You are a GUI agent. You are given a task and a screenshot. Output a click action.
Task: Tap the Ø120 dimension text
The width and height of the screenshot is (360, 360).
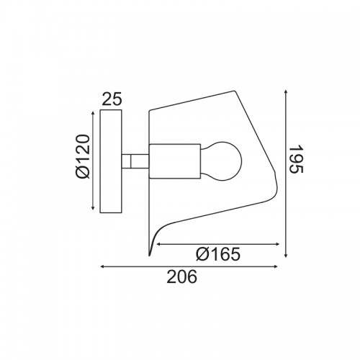click(x=82, y=156)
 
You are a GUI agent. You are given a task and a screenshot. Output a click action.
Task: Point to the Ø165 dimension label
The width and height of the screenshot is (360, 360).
click(x=218, y=254)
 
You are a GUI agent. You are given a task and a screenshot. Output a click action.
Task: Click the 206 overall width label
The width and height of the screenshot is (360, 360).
click(x=181, y=276)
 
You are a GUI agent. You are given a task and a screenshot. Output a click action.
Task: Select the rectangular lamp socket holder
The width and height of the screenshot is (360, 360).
click(x=175, y=161)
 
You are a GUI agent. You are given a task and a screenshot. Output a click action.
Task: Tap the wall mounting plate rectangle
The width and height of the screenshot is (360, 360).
click(x=111, y=161)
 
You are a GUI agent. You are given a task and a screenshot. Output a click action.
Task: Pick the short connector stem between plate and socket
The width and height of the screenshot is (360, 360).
click(x=135, y=161)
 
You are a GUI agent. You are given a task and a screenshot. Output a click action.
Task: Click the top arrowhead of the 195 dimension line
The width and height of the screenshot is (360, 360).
click(x=286, y=92)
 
